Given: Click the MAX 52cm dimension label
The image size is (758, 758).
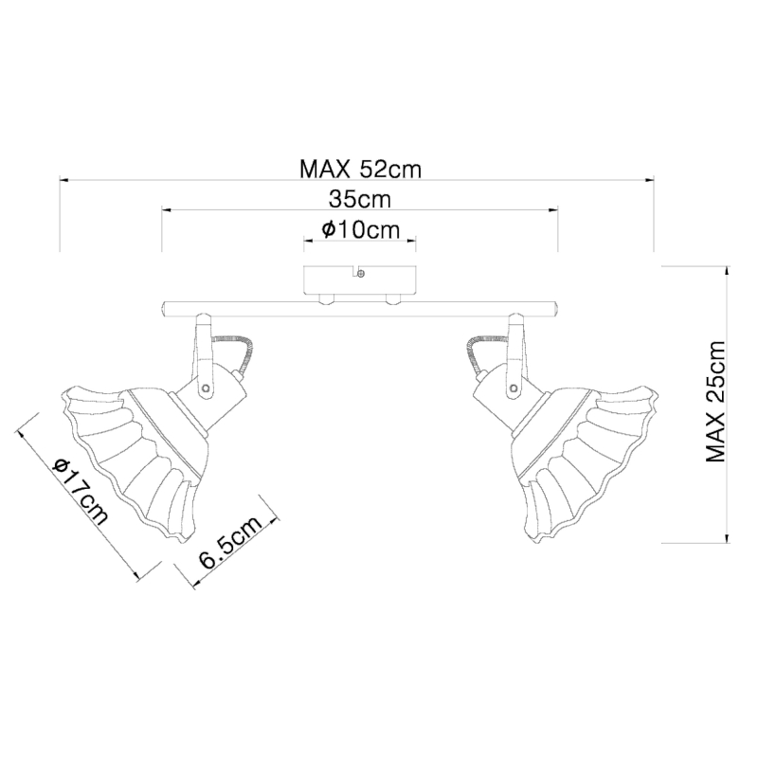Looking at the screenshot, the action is click(361, 170).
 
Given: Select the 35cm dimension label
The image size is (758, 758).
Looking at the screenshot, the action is click(360, 199).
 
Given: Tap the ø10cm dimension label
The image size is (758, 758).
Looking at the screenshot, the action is click(361, 230).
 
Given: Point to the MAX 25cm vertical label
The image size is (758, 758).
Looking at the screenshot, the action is click(716, 402).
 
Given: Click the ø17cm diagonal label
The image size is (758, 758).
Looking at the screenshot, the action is click(81, 490).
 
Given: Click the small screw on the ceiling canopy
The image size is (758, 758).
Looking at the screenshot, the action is click(361, 274).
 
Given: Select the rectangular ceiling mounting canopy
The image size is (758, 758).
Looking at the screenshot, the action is click(360, 280).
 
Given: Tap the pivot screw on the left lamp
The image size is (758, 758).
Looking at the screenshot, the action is click(207, 388).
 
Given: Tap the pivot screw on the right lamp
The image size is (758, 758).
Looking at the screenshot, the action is click(514, 388).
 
